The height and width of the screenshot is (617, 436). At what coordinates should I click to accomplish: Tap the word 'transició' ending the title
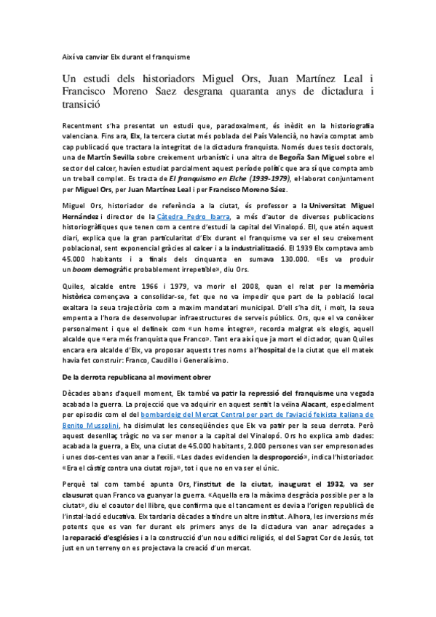pos(85,104)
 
